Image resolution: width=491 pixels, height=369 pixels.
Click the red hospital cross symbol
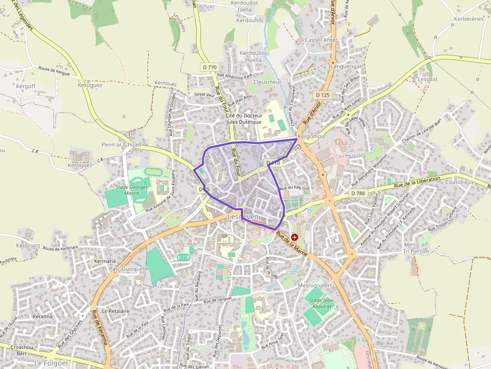pyautogui.click(x=294, y=237)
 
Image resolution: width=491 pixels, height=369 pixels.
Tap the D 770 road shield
pyautogui.click(x=210, y=67)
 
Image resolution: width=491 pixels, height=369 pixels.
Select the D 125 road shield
pyautogui.click(x=323, y=95)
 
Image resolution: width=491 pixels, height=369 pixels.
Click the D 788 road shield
pyautogui.click(x=358, y=193)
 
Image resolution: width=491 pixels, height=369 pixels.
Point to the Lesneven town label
pyautogui.click(x=242, y=217)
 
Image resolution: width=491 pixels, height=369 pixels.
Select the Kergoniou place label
pyautogui.click(x=312, y=136)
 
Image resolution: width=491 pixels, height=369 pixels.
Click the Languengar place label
pyautogui.click(x=346, y=66)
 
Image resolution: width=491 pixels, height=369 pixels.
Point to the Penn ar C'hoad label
pyautogui.click(x=121, y=145)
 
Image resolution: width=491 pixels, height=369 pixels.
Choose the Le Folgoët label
pyautogui.click(x=51, y=362)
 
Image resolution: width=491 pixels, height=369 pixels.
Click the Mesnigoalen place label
pyautogui.click(x=315, y=285)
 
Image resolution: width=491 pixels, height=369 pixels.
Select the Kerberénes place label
pyautogui.click(x=468, y=19)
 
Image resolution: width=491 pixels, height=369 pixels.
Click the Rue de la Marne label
pyautogui.click(x=291, y=243)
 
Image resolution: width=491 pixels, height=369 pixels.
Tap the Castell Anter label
pyautogui.click(x=321, y=40)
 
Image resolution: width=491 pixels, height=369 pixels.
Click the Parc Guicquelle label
pyautogui.click(x=129, y=268)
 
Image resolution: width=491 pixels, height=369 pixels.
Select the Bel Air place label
pyautogui.click(x=385, y=343)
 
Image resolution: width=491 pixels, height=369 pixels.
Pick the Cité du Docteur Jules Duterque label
pyautogui.click(x=244, y=119)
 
